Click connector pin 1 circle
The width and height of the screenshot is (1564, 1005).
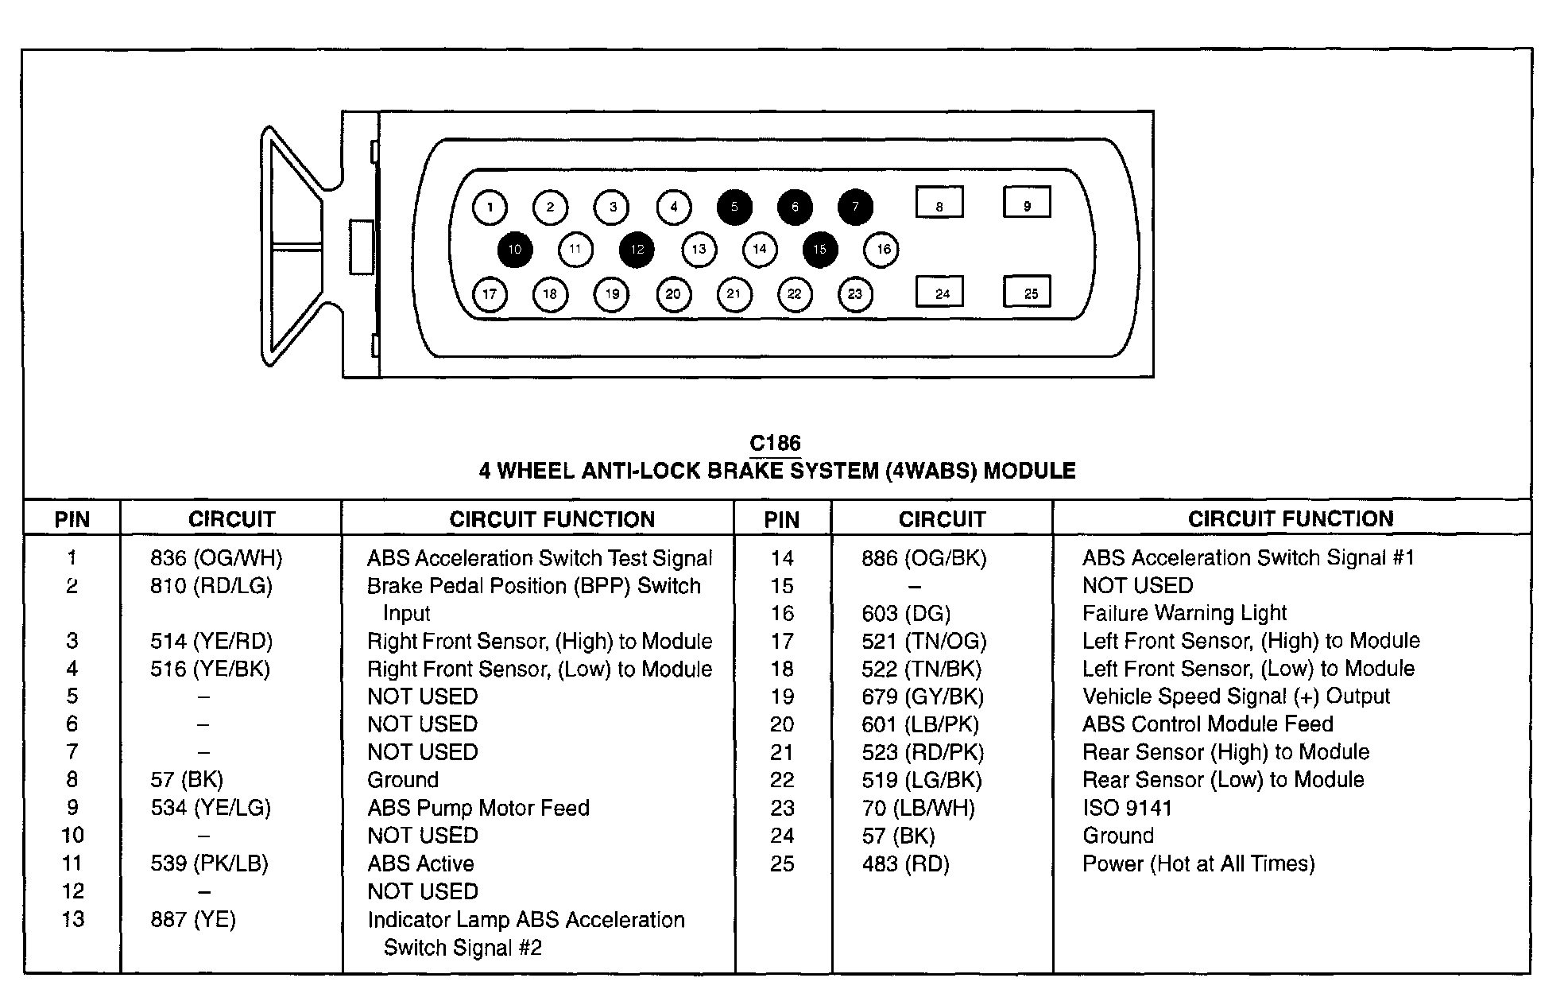point(490,208)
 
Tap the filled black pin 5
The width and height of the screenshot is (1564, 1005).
point(734,208)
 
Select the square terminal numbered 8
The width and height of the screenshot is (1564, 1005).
point(939,202)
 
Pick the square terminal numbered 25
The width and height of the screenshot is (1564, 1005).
point(1027,292)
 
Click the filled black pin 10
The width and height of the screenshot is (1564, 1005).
point(514,250)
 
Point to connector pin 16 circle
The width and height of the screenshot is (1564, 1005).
point(881,250)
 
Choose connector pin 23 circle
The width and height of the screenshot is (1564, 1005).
point(855,294)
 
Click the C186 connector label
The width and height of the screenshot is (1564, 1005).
point(775,444)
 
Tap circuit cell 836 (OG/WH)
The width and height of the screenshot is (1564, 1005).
point(216,558)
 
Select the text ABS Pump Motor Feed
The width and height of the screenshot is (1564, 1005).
point(478,808)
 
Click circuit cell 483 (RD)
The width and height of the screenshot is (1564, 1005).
point(905,863)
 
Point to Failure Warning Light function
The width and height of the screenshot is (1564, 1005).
point(1184,613)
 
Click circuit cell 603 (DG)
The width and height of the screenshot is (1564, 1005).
point(906,613)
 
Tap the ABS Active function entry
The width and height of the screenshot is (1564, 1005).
point(420,863)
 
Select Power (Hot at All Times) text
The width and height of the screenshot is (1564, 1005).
point(1198,863)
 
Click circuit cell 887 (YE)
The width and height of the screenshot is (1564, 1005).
point(193,920)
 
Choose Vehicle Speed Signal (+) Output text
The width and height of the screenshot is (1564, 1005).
point(1236,697)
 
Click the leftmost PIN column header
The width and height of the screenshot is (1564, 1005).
point(72,520)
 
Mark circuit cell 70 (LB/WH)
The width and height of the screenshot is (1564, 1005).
point(918,808)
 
